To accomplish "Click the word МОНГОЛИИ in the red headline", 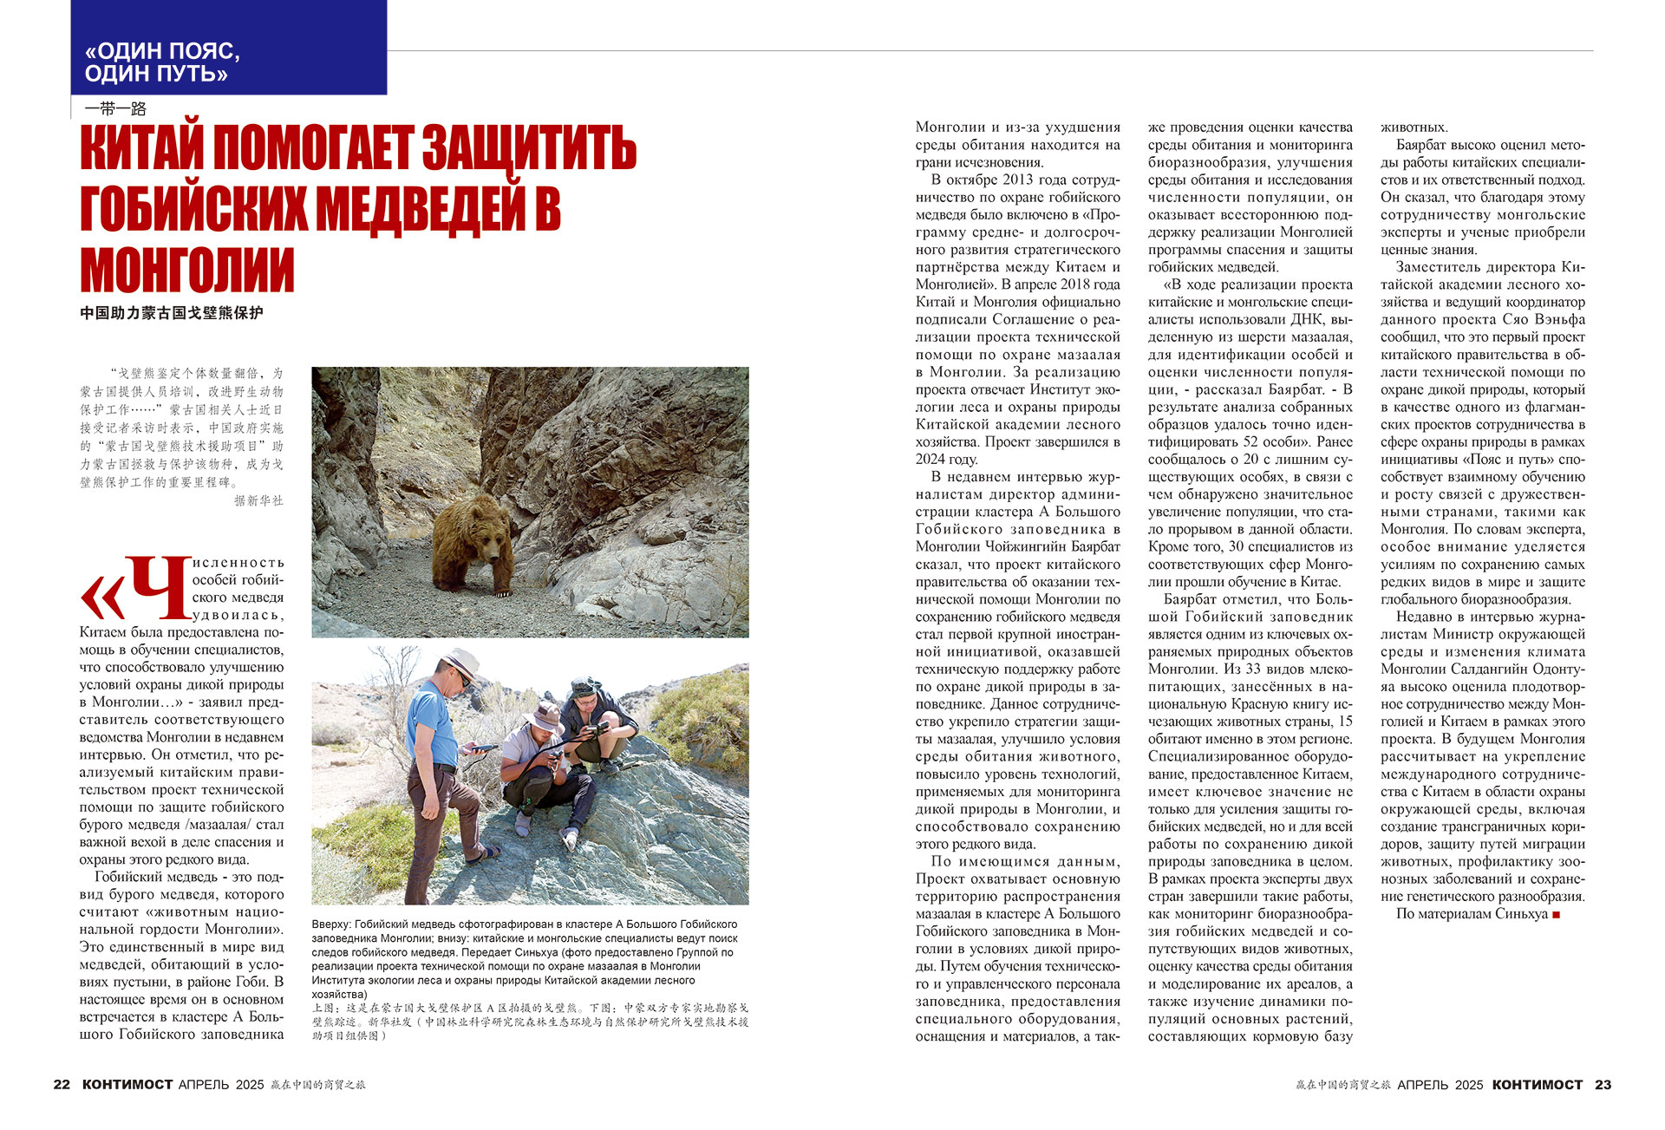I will (187, 271).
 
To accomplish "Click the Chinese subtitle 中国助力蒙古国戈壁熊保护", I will (171, 313).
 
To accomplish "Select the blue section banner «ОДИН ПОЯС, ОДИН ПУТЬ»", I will (228, 48).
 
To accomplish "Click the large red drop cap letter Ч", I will (158, 589).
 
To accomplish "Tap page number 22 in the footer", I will (62, 1085).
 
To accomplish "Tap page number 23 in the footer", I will (1603, 1085).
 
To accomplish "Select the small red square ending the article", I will (1557, 915).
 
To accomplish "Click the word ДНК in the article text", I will (1304, 320).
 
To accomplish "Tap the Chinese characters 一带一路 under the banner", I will (115, 108).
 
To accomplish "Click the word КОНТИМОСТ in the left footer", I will (127, 1085).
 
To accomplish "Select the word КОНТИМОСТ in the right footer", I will (1537, 1085).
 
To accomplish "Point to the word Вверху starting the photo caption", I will (331, 924).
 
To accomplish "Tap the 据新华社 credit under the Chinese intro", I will (258, 500).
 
